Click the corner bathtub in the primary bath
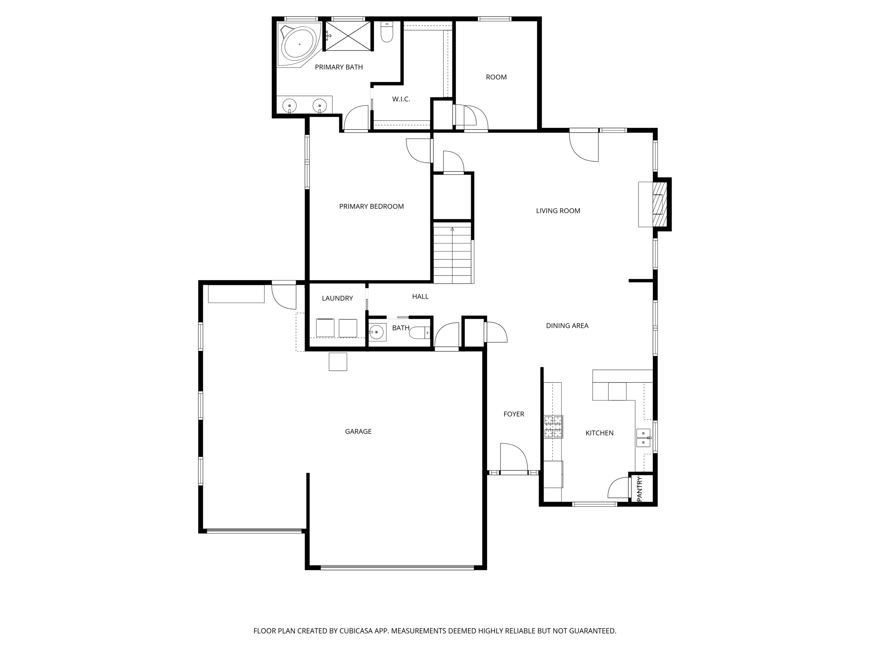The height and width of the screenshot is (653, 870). [x=299, y=44]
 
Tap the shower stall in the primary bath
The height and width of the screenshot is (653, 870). [x=347, y=36]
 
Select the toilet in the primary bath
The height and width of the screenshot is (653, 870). [x=387, y=32]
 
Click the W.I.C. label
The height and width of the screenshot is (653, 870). [x=401, y=99]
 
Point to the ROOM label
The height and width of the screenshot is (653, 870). [x=496, y=77]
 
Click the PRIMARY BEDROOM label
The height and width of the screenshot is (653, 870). [x=371, y=206]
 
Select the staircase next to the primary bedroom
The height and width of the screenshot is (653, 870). [x=452, y=255]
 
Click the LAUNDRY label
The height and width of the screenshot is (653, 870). [x=337, y=298]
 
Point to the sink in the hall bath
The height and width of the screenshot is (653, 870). [x=377, y=332]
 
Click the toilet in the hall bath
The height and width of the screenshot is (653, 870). [x=419, y=332]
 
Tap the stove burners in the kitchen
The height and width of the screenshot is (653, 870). [x=554, y=426]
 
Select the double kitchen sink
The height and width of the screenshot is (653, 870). [x=643, y=438]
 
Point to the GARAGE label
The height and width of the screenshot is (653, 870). [x=358, y=432]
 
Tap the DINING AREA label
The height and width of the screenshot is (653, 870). [x=567, y=326]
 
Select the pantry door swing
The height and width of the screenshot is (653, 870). [x=619, y=488]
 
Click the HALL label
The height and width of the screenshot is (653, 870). [x=420, y=296]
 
